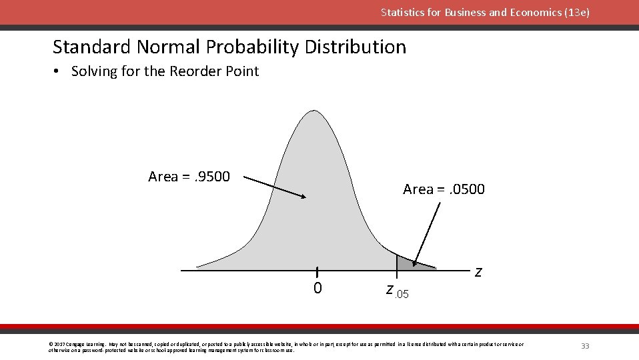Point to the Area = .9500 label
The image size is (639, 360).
point(189,177)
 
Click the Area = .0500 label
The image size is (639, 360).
point(444,189)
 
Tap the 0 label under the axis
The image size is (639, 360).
point(317,289)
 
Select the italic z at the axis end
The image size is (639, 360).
point(478,271)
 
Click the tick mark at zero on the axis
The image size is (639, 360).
point(317,271)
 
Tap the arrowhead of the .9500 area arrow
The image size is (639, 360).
point(303,197)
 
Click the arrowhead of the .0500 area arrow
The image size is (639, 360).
point(415,263)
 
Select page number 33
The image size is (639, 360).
point(585,346)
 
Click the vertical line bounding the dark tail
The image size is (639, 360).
point(397,263)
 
